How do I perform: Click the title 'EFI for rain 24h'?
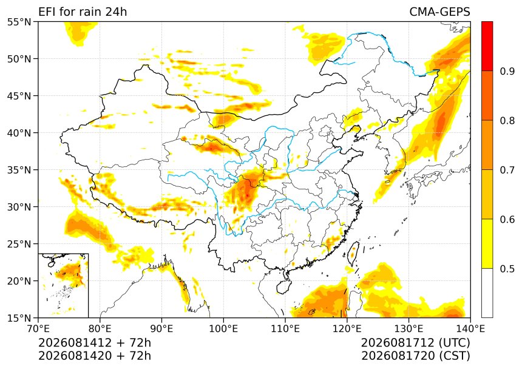point(83,12)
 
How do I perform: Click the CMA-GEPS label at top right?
point(439,12)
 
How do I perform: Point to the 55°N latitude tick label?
point(19,22)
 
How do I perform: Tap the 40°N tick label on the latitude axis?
point(19,133)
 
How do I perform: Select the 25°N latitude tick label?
point(19,244)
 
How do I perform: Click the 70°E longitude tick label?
point(38,329)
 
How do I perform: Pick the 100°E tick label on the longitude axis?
point(223,329)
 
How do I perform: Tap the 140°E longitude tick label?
point(470,329)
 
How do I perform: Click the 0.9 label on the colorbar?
point(507,71)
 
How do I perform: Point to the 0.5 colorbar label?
point(507,268)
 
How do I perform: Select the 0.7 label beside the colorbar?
point(507,170)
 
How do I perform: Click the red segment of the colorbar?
point(487,46)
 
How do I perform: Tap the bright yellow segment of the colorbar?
point(487,243)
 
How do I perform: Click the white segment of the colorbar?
point(487,293)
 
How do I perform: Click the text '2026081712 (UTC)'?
point(415,343)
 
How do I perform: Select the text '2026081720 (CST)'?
point(415,356)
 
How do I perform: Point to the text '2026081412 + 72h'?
point(95,343)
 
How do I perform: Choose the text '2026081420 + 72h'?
point(95,356)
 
